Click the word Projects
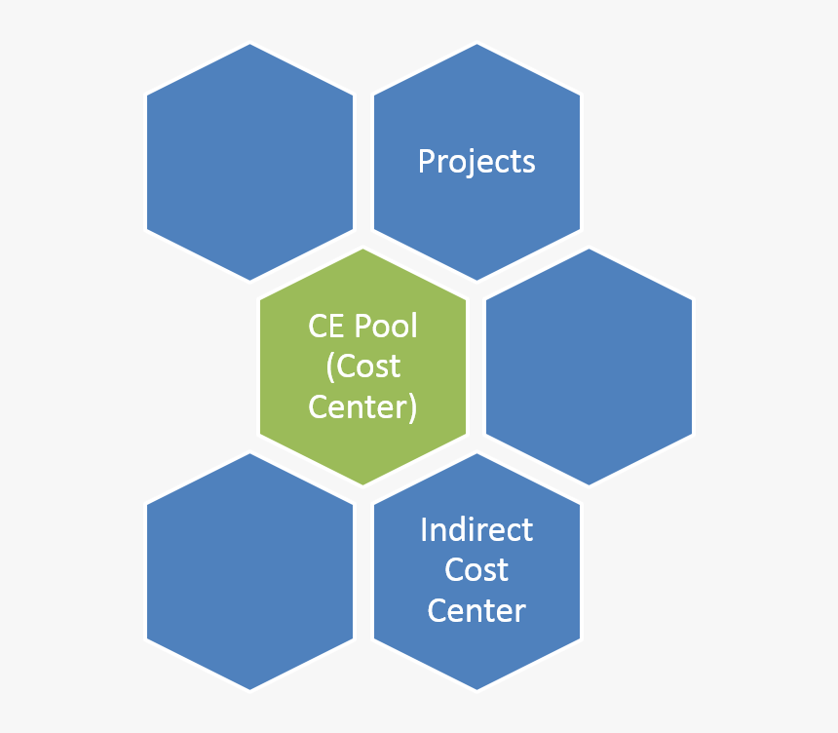(476, 162)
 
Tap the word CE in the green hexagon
(325, 326)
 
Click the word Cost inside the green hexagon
(367, 366)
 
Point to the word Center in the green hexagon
(358, 406)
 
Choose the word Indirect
(476, 530)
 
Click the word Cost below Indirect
(476, 570)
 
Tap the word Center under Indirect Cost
(476, 610)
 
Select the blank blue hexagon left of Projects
(250, 162)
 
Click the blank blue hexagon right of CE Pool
(589, 366)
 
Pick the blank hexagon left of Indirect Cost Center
(250, 571)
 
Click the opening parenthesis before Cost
(330, 367)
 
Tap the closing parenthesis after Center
(412, 408)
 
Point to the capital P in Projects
(427, 161)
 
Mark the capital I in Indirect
(424, 530)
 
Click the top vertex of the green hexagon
(362, 249)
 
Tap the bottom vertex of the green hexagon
(362, 484)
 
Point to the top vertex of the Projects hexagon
(476, 44)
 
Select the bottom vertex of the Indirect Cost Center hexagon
(476, 690)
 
